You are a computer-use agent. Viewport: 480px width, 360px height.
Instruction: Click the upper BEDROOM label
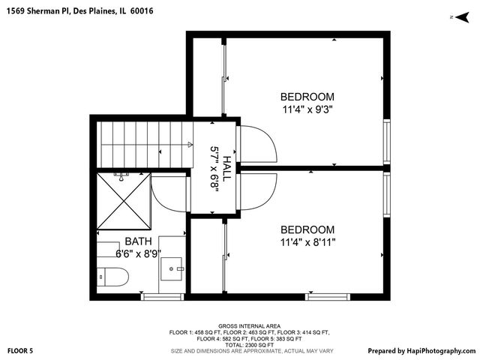tap(307, 97)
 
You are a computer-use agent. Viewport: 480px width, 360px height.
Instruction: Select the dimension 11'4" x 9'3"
tap(307, 109)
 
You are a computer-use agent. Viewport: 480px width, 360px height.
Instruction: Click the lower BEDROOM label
tap(307, 229)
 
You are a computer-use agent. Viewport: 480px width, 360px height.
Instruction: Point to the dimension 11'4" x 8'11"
tap(307, 242)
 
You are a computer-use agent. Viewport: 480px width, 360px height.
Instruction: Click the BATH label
tap(138, 241)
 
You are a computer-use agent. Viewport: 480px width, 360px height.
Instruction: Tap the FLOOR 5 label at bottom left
tap(20, 350)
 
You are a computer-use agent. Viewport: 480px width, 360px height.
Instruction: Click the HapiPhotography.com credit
tap(421, 350)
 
